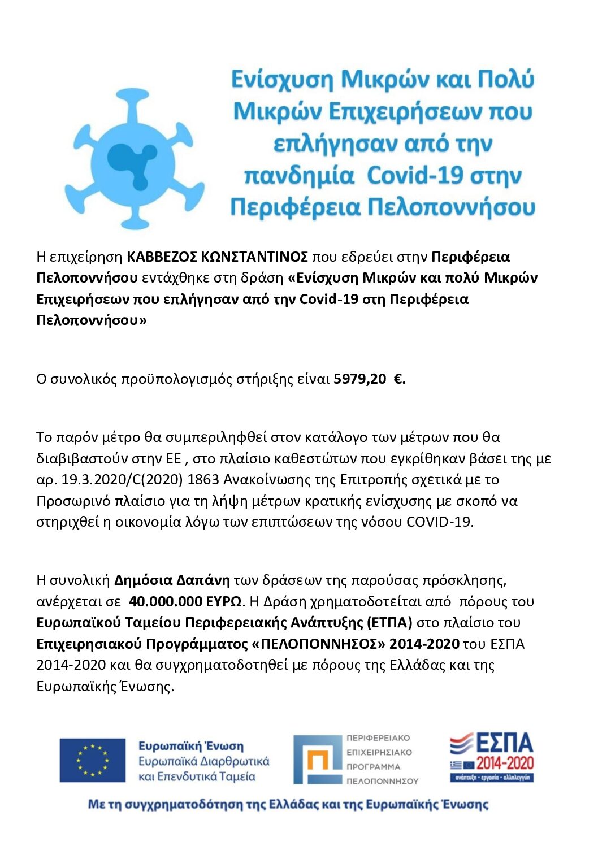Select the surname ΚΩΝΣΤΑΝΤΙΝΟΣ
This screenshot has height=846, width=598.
pyautogui.click(x=254, y=257)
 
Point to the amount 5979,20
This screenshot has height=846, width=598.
pyautogui.click(x=359, y=379)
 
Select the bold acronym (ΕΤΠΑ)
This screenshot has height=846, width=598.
pyautogui.click(x=389, y=623)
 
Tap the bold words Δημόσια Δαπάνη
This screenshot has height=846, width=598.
pyautogui.click(x=172, y=580)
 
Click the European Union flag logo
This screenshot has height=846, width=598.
pyautogui.click(x=93, y=760)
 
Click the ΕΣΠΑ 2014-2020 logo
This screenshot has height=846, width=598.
pyautogui.click(x=491, y=757)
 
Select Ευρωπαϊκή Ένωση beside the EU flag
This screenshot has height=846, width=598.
pyautogui.click(x=191, y=746)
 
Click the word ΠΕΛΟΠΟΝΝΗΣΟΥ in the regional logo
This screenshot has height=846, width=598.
pyautogui.click(x=382, y=781)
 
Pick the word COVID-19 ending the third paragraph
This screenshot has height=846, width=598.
pyautogui.click(x=439, y=522)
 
